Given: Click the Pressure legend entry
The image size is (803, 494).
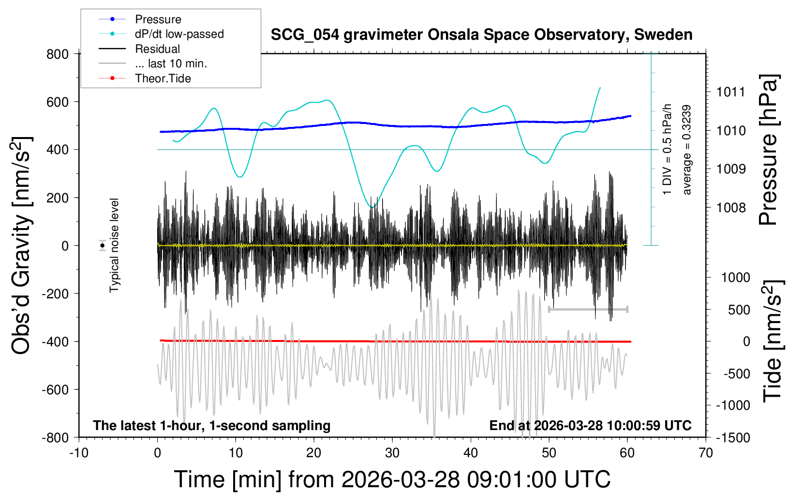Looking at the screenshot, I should point(158,19).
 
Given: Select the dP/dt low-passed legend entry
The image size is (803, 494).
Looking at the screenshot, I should point(179,34).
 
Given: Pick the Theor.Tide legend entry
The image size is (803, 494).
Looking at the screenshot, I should point(163,78).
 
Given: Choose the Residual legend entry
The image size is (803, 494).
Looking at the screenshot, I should point(157,49).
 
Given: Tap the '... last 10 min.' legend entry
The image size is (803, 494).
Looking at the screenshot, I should point(171,63).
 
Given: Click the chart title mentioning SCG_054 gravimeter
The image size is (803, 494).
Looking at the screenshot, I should point(481,35).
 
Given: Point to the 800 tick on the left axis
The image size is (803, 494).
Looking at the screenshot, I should point(58,54).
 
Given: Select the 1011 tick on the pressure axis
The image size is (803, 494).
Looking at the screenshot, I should point(731,92).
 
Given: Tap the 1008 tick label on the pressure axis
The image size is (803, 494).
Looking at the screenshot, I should point(731,208).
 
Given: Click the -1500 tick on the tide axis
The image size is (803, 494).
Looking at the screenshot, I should point(733,437).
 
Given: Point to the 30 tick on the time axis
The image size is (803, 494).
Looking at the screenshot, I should point(392,453).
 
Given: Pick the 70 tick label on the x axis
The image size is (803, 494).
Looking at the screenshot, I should point(706,453).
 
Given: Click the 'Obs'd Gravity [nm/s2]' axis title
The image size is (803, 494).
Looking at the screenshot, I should point(22,246).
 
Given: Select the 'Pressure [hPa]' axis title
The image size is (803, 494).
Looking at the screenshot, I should point(768,150).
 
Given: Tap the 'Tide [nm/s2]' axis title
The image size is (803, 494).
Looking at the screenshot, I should point(773,341).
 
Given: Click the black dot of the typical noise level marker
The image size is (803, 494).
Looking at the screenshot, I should point(103,246).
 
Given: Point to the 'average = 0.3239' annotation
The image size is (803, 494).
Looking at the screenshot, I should point(687,150).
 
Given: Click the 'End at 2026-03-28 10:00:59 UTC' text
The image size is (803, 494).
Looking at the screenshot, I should point(590,426).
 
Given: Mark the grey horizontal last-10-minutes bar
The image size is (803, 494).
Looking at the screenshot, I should point(588,309).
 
